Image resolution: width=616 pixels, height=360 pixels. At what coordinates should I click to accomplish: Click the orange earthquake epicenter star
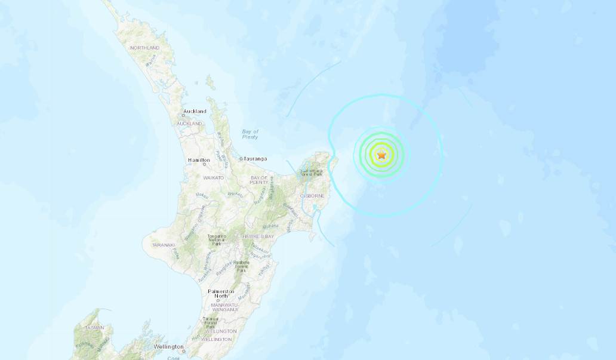point(382,155)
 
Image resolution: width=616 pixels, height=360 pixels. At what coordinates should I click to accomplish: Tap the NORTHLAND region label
point(144,48)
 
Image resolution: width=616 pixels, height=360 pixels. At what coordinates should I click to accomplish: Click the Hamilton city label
point(198,160)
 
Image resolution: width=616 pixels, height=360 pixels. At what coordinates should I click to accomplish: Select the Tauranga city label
point(254,159)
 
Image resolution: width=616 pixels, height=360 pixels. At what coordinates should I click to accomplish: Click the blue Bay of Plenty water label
point(251,134)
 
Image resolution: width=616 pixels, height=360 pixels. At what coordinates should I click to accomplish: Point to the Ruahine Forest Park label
point(241,266)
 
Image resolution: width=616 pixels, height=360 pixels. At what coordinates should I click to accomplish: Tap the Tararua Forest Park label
point(210,323)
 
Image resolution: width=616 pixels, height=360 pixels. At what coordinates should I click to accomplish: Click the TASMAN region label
point(94,327)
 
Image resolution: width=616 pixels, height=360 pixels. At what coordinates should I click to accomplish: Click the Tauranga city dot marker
point(240,159)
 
